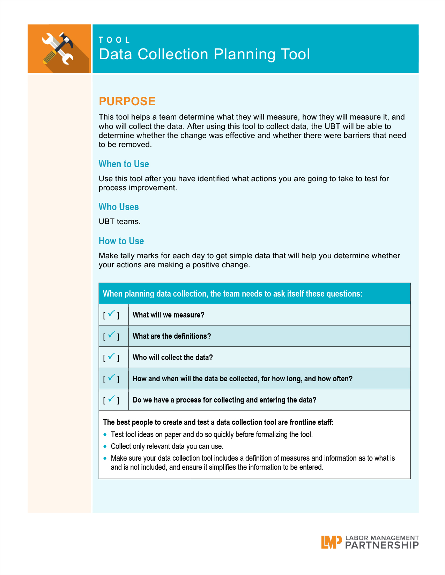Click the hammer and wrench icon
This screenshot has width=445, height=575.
[59, 49]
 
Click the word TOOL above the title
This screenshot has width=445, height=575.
[114, 40]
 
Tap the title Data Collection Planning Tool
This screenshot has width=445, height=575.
[204, 54]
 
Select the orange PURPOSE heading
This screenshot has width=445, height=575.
[127, 101]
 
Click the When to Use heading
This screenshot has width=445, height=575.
[124, 164]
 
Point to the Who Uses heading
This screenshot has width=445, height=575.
[119, 207]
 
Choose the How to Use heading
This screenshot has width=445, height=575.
[121, 241]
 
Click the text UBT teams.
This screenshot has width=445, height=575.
[119, 222]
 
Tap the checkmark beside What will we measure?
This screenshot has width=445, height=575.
[111, 314]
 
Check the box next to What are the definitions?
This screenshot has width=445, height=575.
[111, 335]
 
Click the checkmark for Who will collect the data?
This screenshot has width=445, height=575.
[111, 356]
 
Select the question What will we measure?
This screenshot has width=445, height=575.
[168, 315]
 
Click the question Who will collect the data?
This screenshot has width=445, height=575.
[172, 358]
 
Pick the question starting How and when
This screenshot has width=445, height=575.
[242, 379]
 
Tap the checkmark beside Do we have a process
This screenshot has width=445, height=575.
[111, 399]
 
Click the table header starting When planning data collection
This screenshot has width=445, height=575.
[232, 294]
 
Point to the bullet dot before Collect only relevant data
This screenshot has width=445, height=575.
[105, 446]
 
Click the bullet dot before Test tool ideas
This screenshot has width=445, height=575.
[105, 435]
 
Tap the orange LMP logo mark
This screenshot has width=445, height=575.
[331, 542]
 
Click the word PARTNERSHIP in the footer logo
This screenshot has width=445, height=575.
[382, 545]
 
